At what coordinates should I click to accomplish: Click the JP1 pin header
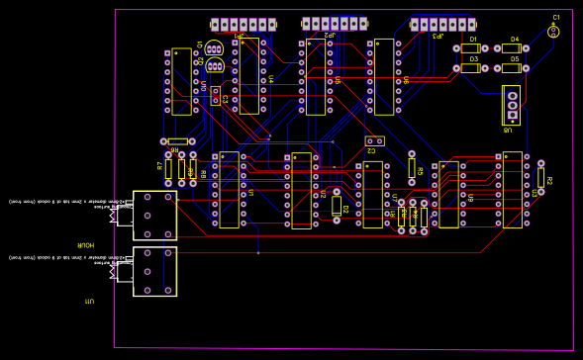point(243,25)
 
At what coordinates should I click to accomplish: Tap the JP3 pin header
point(442,25)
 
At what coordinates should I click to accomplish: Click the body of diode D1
point(471,48)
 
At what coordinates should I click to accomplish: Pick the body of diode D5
point(512,68)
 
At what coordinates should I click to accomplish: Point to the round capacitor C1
point(554,31)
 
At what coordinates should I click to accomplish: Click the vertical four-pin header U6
point(512,105)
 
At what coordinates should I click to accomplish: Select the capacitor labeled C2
point(374,140)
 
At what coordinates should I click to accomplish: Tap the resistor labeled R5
point(412,168)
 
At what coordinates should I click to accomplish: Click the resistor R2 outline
point(540,177)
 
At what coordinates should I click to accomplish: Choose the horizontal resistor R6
point(178,141)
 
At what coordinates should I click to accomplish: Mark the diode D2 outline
point(337,206)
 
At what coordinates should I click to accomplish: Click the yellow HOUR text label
point(87,244)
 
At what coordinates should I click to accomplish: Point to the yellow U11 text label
point(89,300)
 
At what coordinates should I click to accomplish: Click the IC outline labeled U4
point(248,76)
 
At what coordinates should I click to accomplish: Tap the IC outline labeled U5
point(316,77)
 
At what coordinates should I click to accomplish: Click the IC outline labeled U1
point(229,190)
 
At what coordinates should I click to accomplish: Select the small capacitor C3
point(215,96)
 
